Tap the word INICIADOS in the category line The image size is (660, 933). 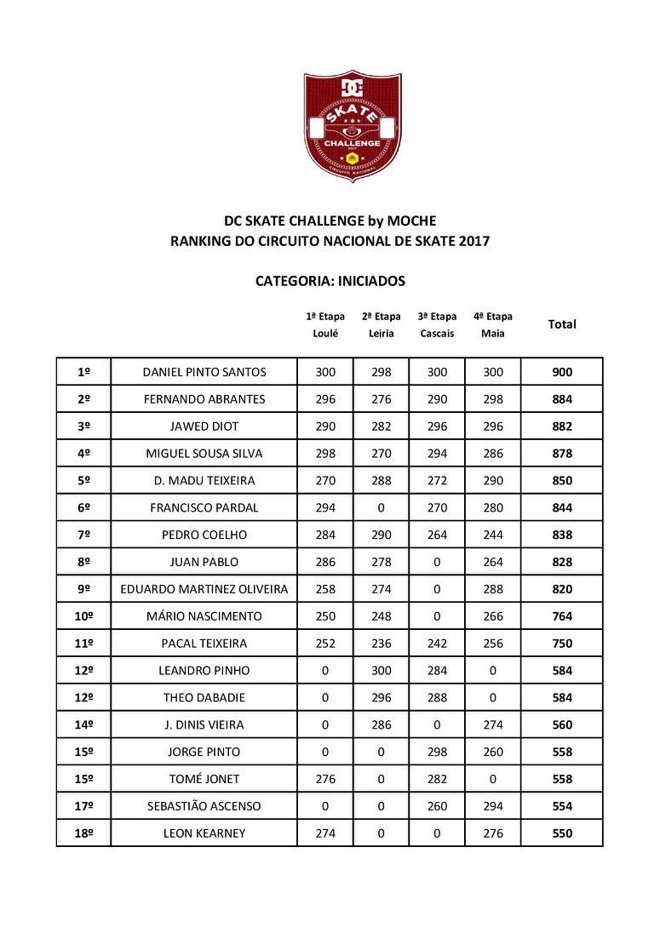point(370,280)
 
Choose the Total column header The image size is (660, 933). point(561,324)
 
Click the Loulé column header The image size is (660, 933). point(325,333)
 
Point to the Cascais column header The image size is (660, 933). point(437,333)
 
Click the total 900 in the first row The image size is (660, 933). point(561,372)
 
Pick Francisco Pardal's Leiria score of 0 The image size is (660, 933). point(381,507)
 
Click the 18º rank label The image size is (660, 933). point(83,833)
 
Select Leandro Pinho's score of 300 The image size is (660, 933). point(381,671)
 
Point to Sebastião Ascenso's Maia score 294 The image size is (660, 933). point(492,806)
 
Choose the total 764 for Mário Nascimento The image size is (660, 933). point(561,616)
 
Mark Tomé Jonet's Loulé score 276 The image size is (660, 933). point(325,779)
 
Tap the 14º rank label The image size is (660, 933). point(83,725)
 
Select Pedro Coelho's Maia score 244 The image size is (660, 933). point(492,535)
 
